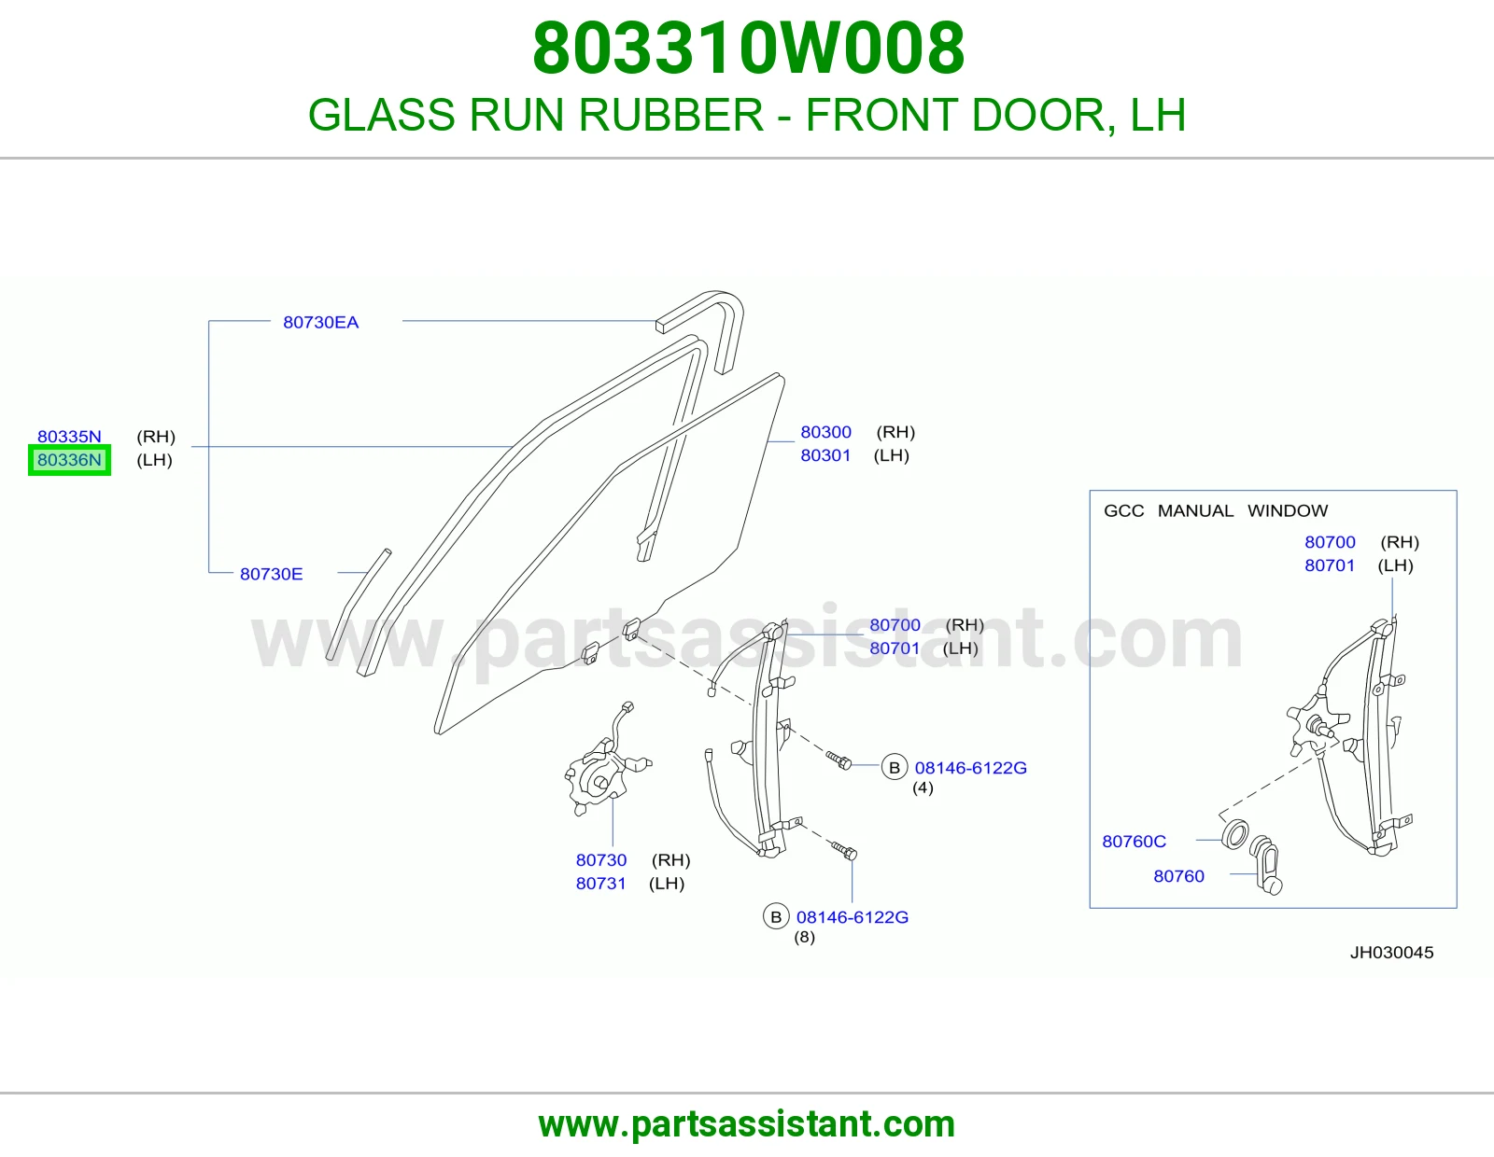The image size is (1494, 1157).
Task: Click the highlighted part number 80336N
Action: tap(69, 460)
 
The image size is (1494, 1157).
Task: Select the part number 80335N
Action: tap(69, 437)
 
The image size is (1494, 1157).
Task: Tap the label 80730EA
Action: tap(321, 322)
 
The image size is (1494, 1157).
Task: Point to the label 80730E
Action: tap(272, 574)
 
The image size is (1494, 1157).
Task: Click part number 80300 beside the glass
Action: tap(825, 432)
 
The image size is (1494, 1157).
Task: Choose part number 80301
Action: tap(825, 455)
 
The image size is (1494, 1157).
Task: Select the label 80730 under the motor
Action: tap(601, 860)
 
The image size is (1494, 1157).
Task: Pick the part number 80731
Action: tap(601, 884)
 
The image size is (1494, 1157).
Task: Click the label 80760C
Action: tap(1135, 842)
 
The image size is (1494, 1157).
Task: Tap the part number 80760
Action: tap(1179, 877)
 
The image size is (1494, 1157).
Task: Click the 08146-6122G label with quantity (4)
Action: tap(971, 768)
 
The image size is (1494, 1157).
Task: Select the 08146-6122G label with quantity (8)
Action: tap(853, 917)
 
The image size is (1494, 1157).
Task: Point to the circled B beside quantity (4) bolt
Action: tap(895, 767)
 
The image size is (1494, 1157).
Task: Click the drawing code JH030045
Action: tap(1391, 953)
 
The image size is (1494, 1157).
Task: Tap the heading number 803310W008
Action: tap(749, 49)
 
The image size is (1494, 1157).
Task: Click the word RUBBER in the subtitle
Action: tap(671, 115)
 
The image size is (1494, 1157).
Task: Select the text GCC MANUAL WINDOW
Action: tap(1216, 511)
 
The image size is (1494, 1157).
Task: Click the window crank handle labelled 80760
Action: tap(1266, 867)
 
